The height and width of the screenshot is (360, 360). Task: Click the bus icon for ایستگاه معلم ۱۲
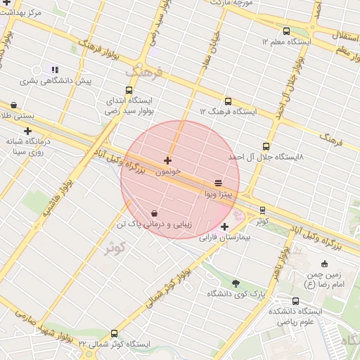pos(286,32)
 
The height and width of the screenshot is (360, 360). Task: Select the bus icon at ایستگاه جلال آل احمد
pos(265,146)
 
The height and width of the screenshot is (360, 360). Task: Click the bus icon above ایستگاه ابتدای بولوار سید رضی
pos(128,90)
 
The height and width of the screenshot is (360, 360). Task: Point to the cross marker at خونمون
pos(167,161)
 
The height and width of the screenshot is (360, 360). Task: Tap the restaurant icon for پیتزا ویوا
pos(217,182)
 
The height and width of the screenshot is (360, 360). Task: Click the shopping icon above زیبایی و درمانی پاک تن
pos(154,213)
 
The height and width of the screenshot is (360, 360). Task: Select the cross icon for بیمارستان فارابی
pos(224,226)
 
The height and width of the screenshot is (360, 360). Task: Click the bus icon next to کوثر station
pos(262,210)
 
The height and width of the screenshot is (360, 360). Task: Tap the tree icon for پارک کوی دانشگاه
pos(235,283)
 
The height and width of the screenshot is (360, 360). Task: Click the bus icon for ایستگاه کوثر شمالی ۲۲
pos(114,333)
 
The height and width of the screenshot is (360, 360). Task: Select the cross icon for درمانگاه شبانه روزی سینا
pos(27,131)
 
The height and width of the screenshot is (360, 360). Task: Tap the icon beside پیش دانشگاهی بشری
pos(55,70)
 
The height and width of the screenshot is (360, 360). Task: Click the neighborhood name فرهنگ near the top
pos(145,71)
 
